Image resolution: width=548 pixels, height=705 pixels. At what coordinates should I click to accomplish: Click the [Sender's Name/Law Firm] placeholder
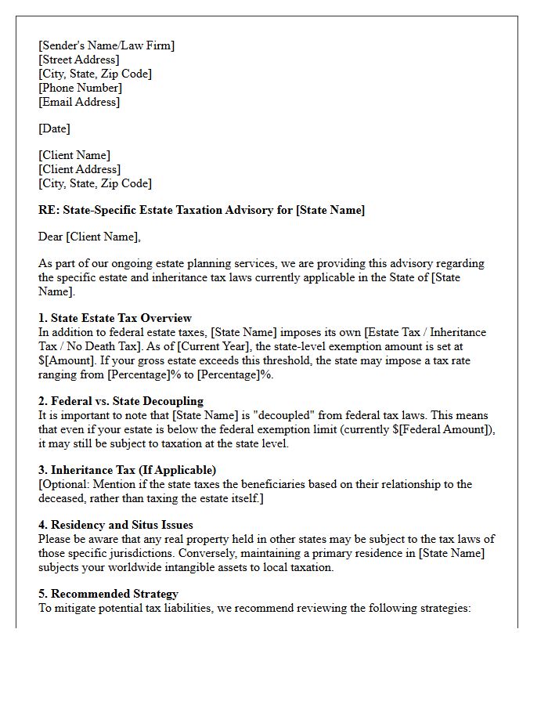point(106,45)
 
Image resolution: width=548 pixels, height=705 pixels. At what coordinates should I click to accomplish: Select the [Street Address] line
point(79,60)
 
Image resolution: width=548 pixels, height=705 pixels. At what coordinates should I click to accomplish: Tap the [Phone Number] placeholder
point(80,88)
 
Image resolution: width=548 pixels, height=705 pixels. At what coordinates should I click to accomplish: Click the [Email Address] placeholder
point(79,102)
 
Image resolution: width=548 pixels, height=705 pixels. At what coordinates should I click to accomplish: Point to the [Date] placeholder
point(54,128)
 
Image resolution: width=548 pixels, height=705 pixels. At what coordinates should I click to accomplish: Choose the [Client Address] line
point(79,169)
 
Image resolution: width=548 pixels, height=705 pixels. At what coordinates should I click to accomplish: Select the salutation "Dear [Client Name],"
point(89,237)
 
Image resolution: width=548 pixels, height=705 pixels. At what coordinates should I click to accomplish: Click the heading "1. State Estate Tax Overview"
point(115,318)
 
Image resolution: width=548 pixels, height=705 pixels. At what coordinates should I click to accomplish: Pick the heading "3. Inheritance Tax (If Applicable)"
point(127,470)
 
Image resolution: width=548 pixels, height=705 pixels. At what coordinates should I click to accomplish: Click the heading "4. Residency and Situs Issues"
point(115,525)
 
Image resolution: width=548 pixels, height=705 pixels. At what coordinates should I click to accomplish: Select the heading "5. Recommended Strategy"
point(108,594)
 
